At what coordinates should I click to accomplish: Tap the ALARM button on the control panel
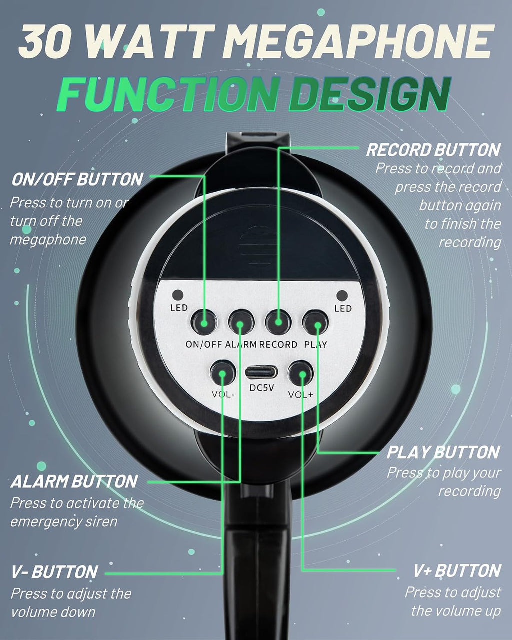click(241, 322)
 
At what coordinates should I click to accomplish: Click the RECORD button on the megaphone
click(278, 322)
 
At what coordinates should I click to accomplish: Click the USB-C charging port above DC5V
click(261, 373)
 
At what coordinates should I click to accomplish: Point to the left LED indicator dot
click(178, 295)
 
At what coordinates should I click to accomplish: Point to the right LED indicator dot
click(342, 296)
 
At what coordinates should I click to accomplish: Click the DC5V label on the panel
click(261, 388)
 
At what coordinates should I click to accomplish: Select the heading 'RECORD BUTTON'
click(433, 150)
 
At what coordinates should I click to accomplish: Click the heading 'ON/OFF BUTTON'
click(77, 179)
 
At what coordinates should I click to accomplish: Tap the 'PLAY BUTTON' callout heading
click(443, 452)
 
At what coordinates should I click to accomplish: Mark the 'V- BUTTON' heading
click(54, 572)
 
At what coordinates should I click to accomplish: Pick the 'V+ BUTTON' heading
click(457, 571)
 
